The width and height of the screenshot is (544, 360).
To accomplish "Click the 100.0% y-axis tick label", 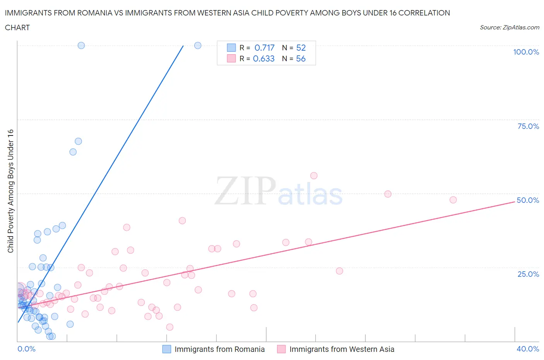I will click(526, 52).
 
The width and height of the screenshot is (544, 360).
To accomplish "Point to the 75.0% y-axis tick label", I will click(528, 126).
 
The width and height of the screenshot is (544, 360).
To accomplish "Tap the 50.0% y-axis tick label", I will click(528, 200).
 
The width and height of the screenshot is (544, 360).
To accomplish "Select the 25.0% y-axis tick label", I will click(528, 274).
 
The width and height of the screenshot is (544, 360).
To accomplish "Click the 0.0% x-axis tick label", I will click(26, 349).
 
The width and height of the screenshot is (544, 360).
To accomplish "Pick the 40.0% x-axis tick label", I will click(528, 349).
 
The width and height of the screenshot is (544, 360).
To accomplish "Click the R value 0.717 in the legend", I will click(264, 48).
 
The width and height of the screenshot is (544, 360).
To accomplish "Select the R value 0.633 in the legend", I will click(263, 58).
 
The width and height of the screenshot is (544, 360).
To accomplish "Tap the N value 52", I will click(301, 48).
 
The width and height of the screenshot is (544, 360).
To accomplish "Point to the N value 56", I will click(301, 58).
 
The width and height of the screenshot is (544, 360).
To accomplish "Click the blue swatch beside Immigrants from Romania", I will click(166, 349).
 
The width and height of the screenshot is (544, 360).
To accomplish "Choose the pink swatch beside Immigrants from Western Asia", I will click(281, 349).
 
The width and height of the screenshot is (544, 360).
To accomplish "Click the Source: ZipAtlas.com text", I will click(509, 27).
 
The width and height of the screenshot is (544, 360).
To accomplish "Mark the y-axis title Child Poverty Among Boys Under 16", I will click(10, 191).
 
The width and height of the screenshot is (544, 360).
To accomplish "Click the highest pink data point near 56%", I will click(314, 176).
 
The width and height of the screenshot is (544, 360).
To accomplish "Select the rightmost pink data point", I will click(453, 200).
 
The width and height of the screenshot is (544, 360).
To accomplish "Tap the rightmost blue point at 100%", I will click(198, 45).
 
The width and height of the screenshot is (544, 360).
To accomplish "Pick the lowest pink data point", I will click(169, 327).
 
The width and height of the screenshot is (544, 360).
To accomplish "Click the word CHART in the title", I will click(17, 27).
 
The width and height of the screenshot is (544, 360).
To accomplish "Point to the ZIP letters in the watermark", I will click(245, 190).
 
